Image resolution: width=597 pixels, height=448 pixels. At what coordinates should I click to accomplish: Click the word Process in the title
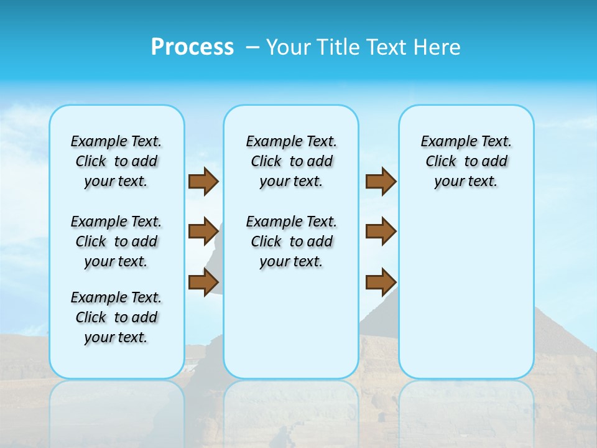coord(192,47)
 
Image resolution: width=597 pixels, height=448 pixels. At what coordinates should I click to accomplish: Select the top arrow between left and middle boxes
coord(203,182)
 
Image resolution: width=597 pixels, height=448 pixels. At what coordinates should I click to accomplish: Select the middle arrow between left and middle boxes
coord(203,231)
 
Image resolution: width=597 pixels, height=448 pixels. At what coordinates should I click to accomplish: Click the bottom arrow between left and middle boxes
coord(203,282)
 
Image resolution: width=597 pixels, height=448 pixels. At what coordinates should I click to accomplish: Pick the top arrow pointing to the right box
coord(381,182)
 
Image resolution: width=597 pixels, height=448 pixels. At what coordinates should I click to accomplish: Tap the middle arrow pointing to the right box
coord(381,231)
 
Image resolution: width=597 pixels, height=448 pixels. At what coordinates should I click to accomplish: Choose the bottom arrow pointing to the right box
coord(381,282)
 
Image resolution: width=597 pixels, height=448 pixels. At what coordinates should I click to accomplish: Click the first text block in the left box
coord(116,161)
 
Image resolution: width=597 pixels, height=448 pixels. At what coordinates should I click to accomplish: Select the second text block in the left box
coord(116,241)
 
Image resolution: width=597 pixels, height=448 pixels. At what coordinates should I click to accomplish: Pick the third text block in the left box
coord(116,317)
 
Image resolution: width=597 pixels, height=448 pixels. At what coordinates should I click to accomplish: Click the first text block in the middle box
coord(291,161)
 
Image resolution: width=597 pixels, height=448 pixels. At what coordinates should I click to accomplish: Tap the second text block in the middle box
coord(291,241)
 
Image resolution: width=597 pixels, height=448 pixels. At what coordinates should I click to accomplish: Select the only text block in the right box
coord(466,161)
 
